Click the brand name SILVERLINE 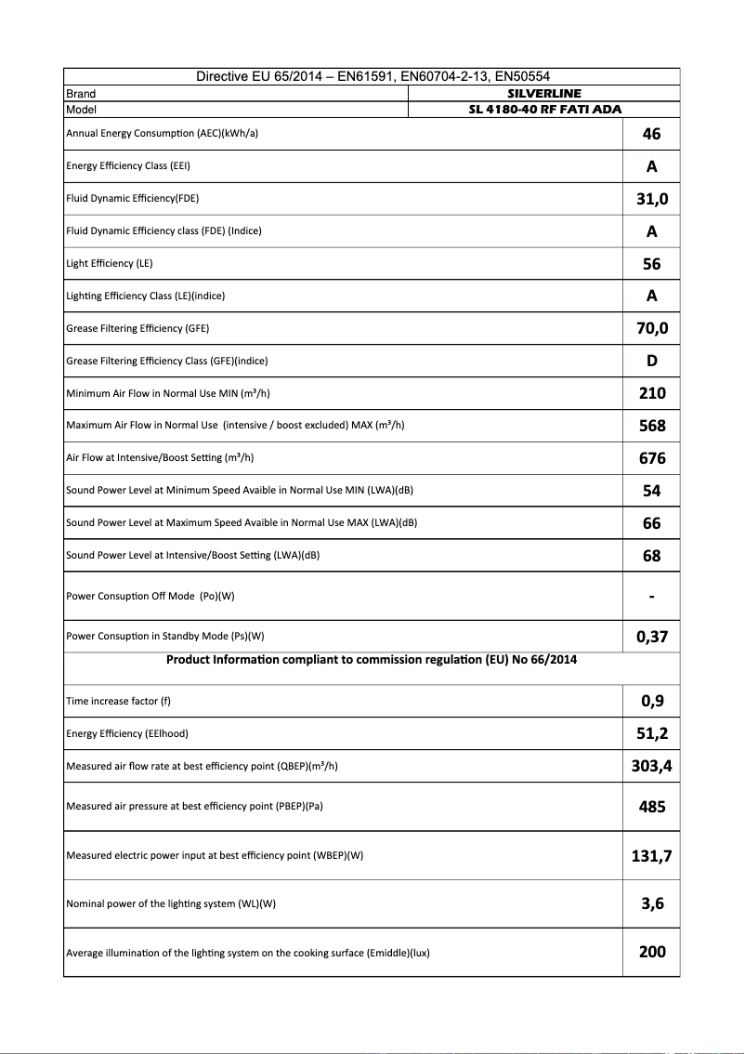pyautogui.click(x=544, y=94)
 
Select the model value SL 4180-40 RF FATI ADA pyautogui.click(x=544, y=110)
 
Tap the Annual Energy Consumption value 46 pyautogui.click(x=651, y=134)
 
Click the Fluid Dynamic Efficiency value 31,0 pyautogui.click(x=651, y=199)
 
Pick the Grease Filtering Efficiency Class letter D pyautogui.click(x=651, y=361)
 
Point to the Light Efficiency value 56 pyautogui.click(x=651, y=264)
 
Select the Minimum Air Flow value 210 pyautogui.click(x=651, y=393)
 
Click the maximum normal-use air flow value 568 pyautogui.click(x=651, y=426)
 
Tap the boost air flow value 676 pyautogui.click(x=651, y=458)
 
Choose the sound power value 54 pyautogui.click(x=651, y=491)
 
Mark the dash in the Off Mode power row pyautogui.click(x=651, y=597)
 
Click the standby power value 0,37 pyautogui.click(x=651, y=637)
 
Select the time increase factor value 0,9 pyautogui.click(x=651, y=701)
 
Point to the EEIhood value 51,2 pyautogui.click(x=651, y=733)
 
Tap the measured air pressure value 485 pyautogui.click(x=651, y=807)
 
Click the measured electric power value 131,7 pyautogui.click(x=651, y=856)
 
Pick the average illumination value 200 pyautogui.click(x=651, y=952)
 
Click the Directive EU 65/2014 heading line pyautogui.click(x=372, y=77)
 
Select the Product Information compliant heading pyautogui.click(x=372, y=660)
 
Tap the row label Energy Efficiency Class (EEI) pyautogui.click(x=128, y=166)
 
